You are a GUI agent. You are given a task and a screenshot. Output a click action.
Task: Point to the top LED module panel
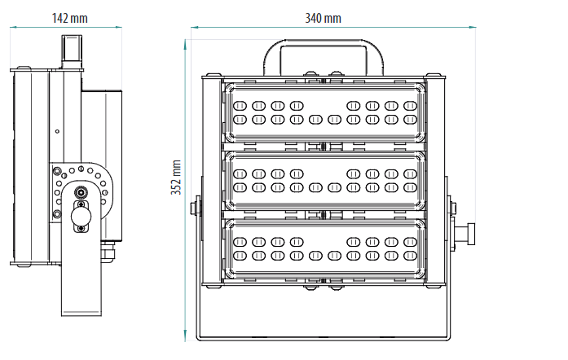tap(324, 112)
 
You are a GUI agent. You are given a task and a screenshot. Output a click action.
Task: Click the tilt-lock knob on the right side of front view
tap(467, 232)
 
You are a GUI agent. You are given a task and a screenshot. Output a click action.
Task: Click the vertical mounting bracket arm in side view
tap(83, 277)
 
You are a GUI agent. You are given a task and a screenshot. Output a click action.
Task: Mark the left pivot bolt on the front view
tap(196, 208)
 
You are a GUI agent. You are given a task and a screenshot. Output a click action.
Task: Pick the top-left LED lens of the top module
tap(240, 105)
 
